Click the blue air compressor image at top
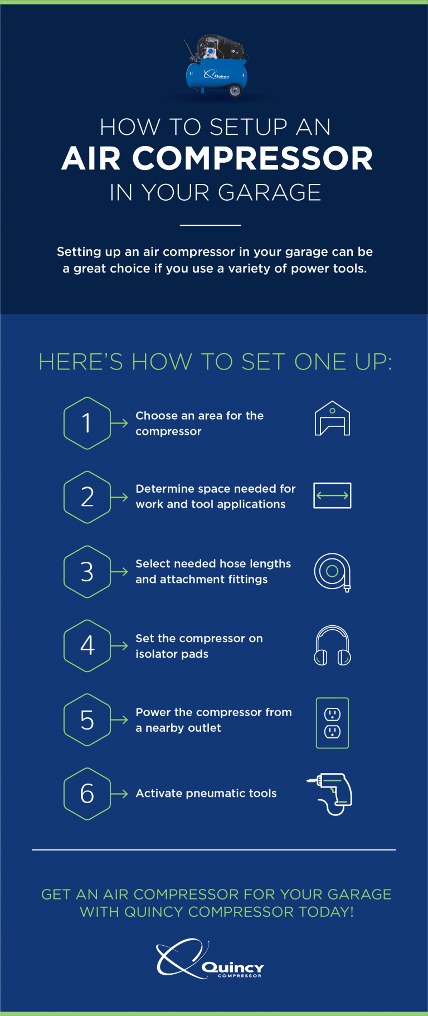(216, 67)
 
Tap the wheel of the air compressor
(235, 90)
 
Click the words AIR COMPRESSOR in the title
(217, 159)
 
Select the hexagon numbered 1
(87, 423)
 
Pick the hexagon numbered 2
(87, 497)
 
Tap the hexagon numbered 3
(87, 572)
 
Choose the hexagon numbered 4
(87, 646)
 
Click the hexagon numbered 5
(87, 720)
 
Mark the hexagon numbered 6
(87, 794)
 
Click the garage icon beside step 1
(332, 419)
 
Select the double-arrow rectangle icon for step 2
(332, 495)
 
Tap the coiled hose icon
(332, 572)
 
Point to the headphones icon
(332, 645)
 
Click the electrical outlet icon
(332, 723)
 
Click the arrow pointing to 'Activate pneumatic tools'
(119, 794)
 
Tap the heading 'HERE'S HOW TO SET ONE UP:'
(215, 362)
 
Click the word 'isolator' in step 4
(157, 654)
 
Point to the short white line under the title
(210, 225)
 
